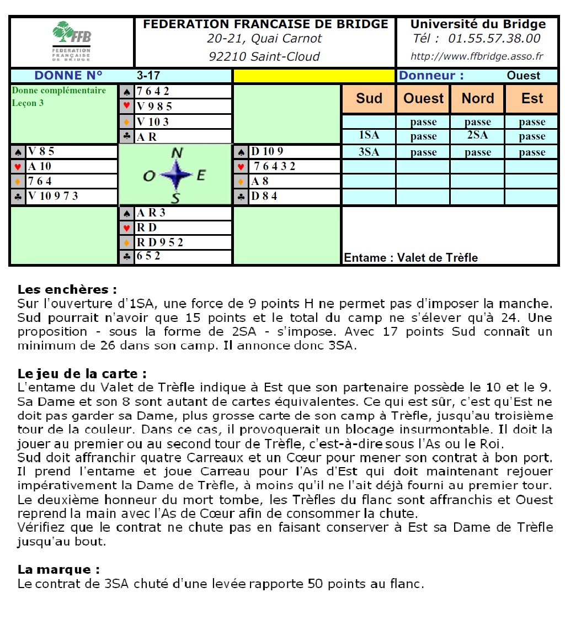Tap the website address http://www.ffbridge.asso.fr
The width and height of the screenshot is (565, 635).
click(x=477, y=56)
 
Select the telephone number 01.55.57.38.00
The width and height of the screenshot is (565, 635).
click(x=494, y=39)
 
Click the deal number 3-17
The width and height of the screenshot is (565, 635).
click(x=148, y=76)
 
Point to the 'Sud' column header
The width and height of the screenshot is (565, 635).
click(x=369, y=98)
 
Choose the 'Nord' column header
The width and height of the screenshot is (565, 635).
click(x=478, y=98)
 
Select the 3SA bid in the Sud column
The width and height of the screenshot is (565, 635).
click(x=369, y=152)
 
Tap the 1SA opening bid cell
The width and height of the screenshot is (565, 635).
click(x=369, y=136)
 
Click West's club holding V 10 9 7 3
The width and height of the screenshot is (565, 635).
click(x=55, y=196)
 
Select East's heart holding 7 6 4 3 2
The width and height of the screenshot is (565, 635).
click(x=274, y=166)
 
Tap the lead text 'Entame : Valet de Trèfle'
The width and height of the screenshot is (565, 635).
click(x=411, y=257)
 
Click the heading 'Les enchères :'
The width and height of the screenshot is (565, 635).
click(x=67, y=289)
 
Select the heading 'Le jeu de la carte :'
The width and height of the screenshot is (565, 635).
click(x=82, y=374)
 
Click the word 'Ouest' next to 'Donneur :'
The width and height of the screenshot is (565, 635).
click(x=523, y=76)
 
